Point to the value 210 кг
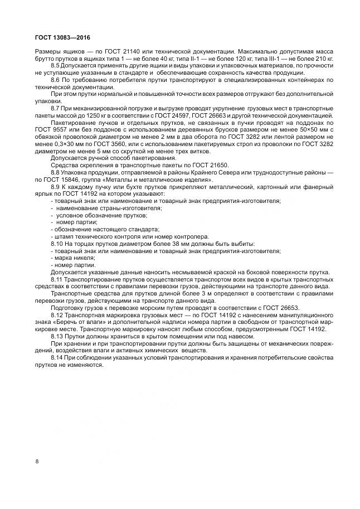(324, 58)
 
